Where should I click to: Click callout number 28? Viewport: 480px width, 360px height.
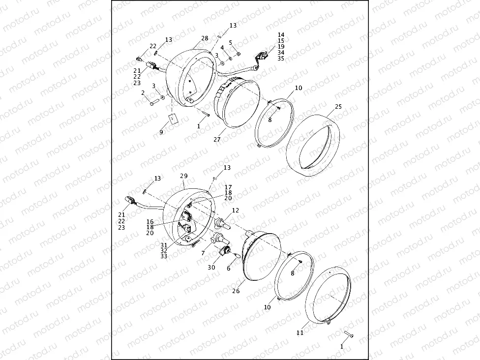[x=205, y=38]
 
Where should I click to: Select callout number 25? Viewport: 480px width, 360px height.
[x=338, y=107]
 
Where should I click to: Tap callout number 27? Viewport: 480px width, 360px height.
[x=217, y=140]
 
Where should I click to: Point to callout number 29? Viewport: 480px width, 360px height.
[x=183, y=176]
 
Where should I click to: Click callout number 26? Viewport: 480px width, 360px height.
[x=236, y=291]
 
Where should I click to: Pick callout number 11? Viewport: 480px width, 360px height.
[x=300, y=332]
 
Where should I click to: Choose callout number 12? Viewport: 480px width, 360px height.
[x=236, y=210]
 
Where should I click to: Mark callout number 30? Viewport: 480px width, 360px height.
[x=211, y=267]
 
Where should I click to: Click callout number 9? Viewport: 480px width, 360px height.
[x=161, y=132]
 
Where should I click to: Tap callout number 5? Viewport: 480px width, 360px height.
[x=231, y=43]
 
